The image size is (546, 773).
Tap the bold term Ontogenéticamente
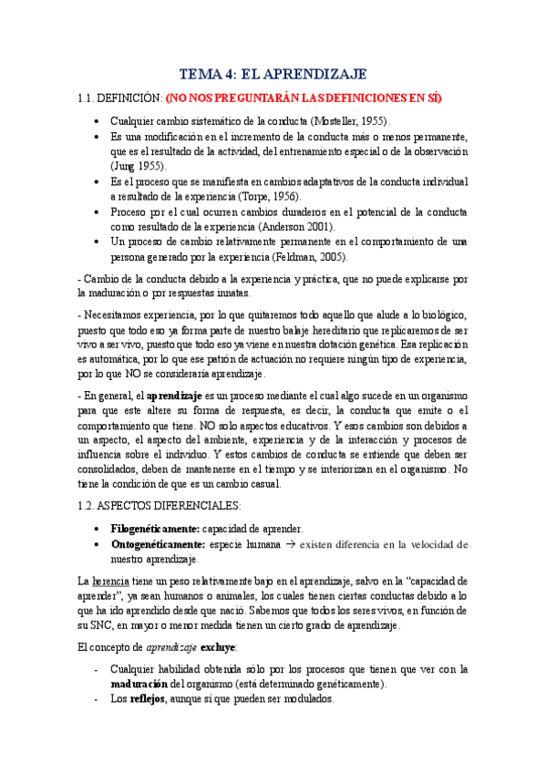[158, 544]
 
